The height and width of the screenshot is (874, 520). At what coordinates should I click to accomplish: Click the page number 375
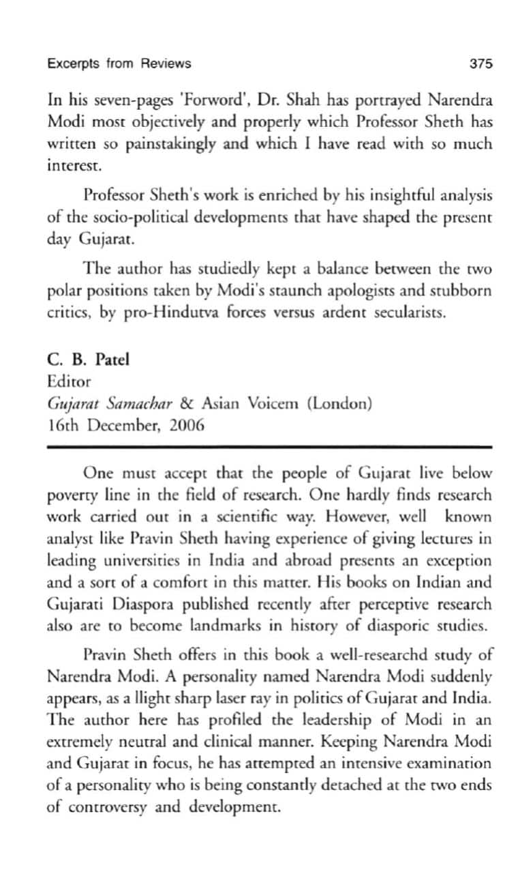(x=480, y=64)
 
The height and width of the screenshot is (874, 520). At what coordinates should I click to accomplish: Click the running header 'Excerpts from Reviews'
(x=119, y=64)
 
